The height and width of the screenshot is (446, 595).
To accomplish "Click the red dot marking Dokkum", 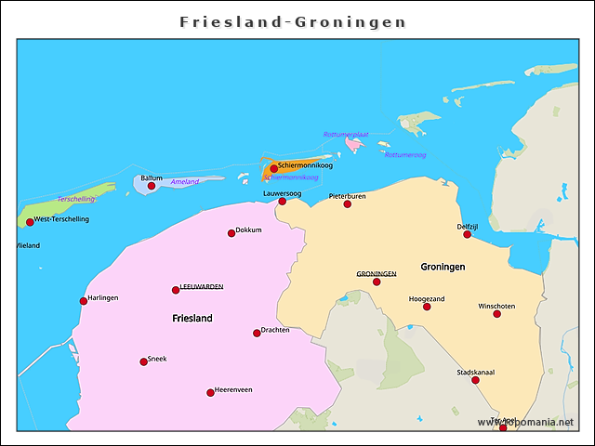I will (231, 233).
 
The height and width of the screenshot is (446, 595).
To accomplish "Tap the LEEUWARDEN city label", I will (201, 287).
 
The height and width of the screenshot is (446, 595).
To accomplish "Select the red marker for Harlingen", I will (83, 300).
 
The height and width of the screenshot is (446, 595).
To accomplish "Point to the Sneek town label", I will (157, 359).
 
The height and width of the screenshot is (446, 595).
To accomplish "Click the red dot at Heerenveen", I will (210, 392).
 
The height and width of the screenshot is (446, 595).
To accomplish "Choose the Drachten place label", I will (275, 330).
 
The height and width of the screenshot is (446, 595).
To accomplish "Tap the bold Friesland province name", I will (192, 318).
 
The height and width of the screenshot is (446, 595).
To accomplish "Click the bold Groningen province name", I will (443, 267).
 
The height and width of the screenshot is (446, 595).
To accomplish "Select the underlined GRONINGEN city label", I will (377, 274).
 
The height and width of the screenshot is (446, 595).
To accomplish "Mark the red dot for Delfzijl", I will (467, 234).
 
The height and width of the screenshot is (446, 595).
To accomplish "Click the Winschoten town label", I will (496, 306).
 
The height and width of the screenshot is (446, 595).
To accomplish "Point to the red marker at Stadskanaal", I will (475, 380).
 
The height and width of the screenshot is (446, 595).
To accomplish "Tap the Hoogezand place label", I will (427, 298).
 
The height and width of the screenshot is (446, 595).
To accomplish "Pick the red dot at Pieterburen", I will (348, 203).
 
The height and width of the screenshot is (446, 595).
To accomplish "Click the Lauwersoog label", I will (282, 193).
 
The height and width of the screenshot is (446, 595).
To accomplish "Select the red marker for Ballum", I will (152, 186).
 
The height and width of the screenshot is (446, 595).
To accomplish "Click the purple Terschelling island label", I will (75, 199).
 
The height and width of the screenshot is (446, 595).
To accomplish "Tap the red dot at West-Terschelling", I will (30, 222).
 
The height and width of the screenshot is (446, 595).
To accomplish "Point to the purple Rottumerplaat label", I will (346, 135).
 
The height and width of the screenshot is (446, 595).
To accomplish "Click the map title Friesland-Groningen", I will (294, 21).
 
